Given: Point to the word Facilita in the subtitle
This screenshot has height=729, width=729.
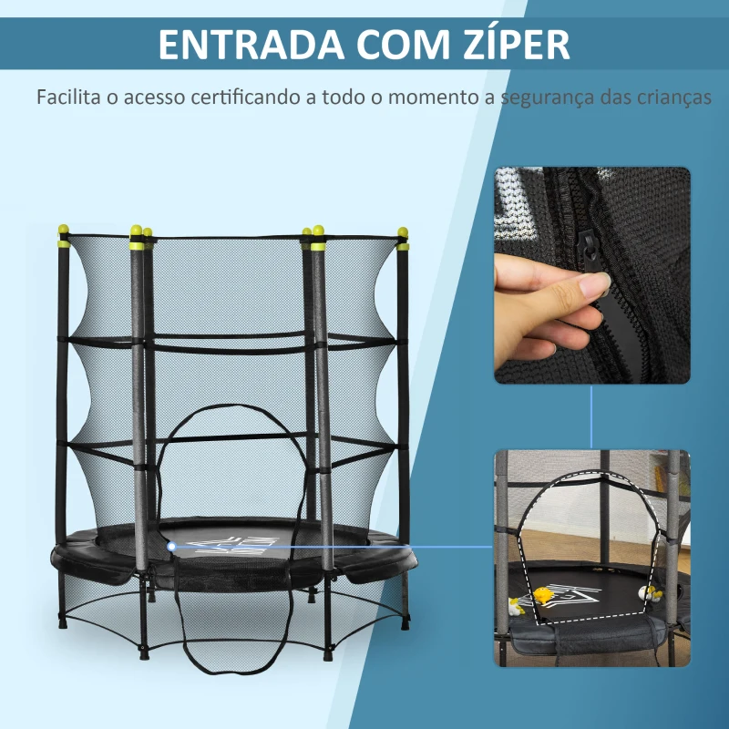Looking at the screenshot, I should tap(67, 97).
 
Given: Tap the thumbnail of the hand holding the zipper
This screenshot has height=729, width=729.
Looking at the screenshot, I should tap(592, 275).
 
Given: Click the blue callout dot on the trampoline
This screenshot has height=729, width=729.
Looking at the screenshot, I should tap(171, 547).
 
